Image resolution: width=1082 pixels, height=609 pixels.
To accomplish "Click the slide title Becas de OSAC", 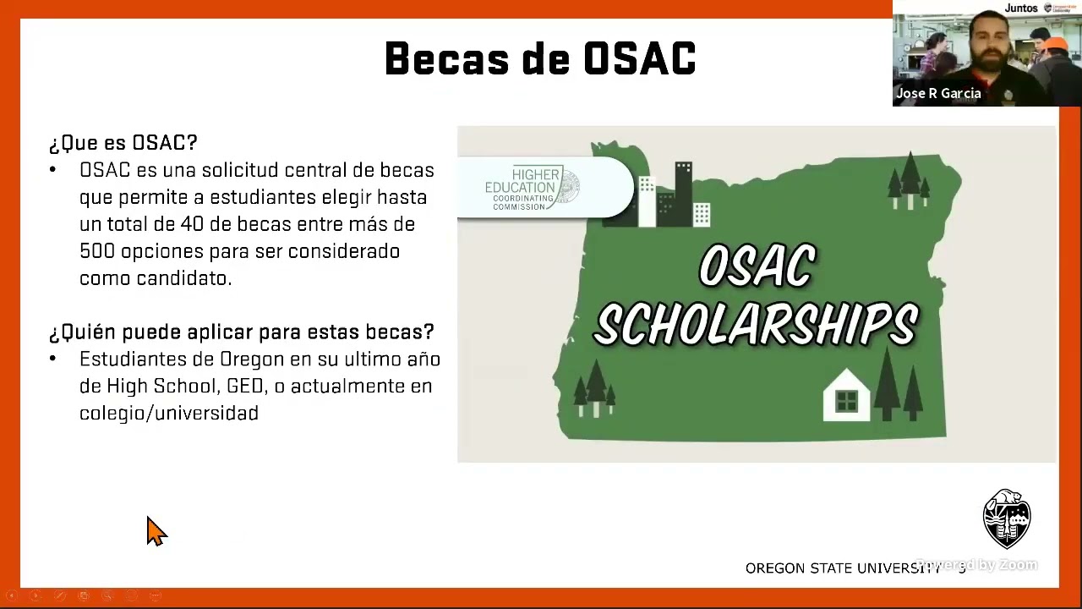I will [x=540, y=59].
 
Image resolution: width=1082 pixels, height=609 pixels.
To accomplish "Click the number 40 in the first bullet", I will [x=189, y=224].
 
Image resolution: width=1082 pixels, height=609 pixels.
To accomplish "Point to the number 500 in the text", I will [x=97, y=251].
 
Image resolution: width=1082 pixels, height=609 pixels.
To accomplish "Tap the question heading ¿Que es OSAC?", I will [x=123, y=143].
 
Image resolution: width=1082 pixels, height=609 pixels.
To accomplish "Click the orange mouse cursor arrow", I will [x=156, y=531].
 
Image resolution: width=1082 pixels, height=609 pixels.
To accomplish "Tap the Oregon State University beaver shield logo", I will [x=1006, y=518].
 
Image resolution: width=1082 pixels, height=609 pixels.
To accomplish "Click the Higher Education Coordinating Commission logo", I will [x=533, y=189].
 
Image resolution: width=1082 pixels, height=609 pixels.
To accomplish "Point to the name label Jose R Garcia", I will [x=938, y=94].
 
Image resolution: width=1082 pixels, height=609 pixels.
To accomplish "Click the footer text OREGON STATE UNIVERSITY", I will [x=842, y=568].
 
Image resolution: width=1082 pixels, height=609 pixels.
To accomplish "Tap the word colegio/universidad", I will [x=169, y=414].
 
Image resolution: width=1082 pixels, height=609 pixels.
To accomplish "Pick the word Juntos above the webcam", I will [x=1021, y=8].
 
